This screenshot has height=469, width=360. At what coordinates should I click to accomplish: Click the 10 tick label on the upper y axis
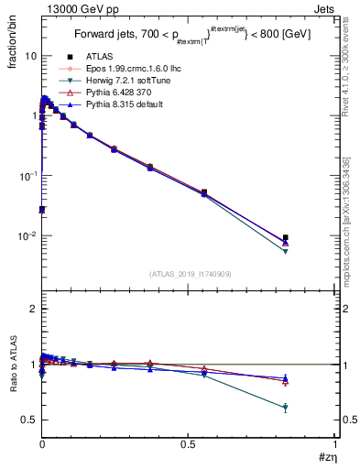28,56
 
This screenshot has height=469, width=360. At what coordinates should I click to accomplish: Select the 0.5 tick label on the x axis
189,443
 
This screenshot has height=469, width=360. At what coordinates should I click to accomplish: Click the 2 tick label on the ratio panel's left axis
32,309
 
